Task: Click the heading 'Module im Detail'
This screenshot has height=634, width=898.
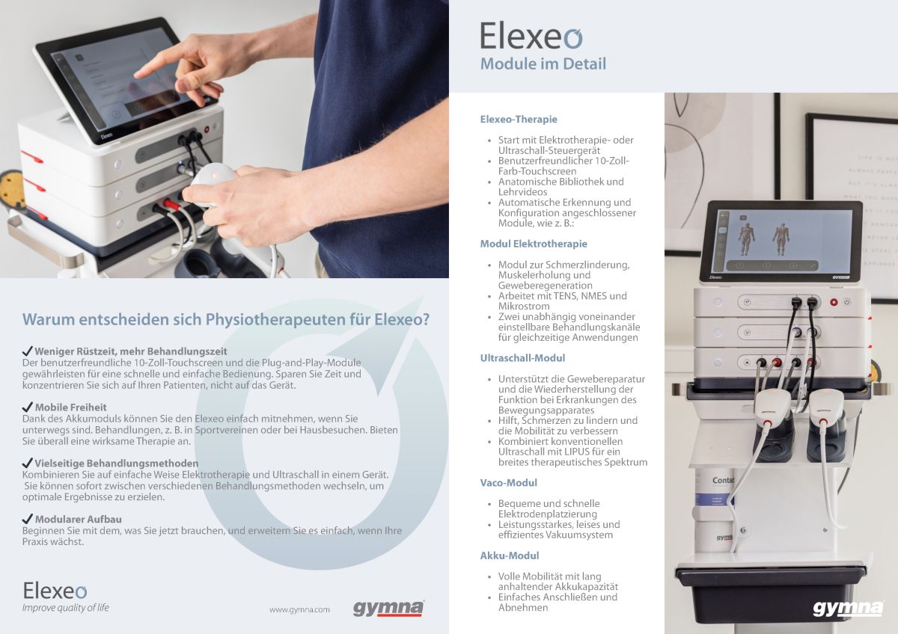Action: tap(543, 64)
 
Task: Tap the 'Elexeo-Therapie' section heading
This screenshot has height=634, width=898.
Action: tap(519, 119)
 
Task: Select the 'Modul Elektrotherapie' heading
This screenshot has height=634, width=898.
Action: tap(534, 244)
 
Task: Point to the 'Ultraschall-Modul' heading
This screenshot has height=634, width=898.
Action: tap(522, 358)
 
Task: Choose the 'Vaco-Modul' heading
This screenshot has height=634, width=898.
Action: tap(509, 483)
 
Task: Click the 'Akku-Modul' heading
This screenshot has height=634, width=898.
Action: tap(510, 555)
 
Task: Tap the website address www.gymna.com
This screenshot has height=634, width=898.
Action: tap(299, 609)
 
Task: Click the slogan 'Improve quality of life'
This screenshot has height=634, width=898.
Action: tap(65, 608)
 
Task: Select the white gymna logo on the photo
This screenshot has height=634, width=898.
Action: tap(848, 608)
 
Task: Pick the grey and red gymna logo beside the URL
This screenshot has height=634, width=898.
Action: tap(388, 608)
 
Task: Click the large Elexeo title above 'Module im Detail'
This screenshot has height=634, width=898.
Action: tap(531, 36)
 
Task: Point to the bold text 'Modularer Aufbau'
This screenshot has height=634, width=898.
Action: tap(78, 519)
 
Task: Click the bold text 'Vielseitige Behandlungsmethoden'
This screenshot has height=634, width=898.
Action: tap(116, 464)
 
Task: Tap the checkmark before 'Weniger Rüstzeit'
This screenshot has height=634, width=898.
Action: tap(28, 351)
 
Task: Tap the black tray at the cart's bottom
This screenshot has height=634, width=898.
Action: tap(771, 591)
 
